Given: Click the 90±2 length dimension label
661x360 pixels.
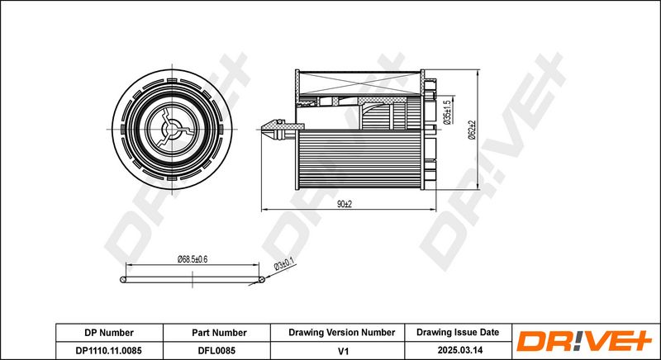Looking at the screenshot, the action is pos(345,204).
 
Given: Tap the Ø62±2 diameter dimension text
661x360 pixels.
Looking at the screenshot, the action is pos(471,130).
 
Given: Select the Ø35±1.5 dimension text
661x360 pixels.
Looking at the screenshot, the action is pos(448,111).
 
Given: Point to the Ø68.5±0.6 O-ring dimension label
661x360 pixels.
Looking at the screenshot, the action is pos(193,259).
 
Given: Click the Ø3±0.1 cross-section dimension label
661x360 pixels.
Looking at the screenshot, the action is pos(283,264).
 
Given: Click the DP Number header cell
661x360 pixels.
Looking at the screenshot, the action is pos(109,333).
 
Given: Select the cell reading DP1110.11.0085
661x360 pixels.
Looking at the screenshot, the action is pos(109,350).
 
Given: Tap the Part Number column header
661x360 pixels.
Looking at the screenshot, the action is pos(219,333).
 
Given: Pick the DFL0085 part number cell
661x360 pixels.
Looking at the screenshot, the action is pos(216,350).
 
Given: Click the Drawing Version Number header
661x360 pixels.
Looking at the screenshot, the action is pos(342,333).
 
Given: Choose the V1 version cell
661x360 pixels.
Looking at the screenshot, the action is pos(344,350).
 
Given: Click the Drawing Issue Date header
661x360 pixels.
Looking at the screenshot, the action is pos(458,332).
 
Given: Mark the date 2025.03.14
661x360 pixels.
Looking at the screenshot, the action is pos(460,350).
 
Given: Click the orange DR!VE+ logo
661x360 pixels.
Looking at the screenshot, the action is pos(584,341).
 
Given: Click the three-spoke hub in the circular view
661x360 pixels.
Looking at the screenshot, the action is pos(173,129).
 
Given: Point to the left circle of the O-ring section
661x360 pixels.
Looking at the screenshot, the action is pos(122,280).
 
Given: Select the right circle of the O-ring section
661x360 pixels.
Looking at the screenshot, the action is pos(261,279).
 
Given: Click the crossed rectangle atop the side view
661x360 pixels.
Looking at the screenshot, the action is pos(360,83).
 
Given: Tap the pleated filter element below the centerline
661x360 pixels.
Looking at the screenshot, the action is pos(360,159).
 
